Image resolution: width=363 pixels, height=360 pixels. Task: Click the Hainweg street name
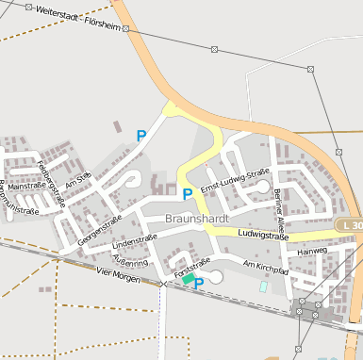(311, 252)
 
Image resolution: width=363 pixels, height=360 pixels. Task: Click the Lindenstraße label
(134, 240)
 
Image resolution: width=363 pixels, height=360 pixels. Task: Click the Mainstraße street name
(25, 187)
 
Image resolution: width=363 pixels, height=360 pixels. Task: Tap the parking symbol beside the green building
(199, 282)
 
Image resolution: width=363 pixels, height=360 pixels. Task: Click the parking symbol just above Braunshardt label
(187, 194)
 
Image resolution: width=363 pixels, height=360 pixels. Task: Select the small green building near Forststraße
(189, 278)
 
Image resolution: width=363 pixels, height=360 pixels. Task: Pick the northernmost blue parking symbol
(141, 136)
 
